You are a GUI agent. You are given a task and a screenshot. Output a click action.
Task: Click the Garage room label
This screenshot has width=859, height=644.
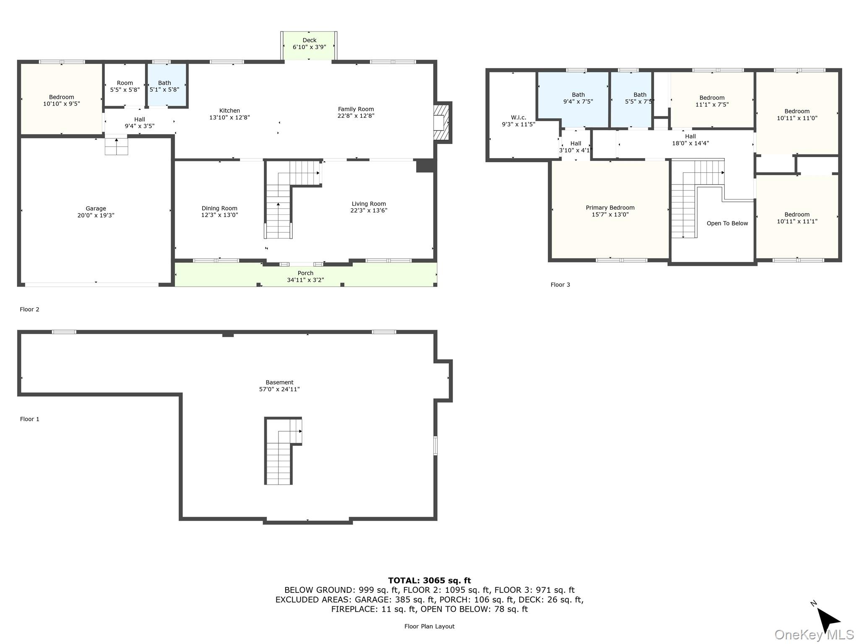click(x=96, y=208)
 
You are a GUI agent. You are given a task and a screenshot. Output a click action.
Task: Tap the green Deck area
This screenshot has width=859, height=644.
click(x=309, y=46)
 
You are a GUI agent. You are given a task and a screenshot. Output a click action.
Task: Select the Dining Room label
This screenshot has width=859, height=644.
click(x=219, y=208)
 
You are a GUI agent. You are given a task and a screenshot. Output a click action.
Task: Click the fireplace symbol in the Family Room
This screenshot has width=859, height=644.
click(x=441, y=122)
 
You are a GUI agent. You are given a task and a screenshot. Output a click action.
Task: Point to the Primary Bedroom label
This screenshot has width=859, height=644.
click(x=610, y=208)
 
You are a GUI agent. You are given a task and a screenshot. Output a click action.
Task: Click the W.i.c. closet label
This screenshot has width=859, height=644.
click(x=518, y=117)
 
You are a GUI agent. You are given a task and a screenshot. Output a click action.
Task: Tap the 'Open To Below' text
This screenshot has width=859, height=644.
click(x=727, y=223)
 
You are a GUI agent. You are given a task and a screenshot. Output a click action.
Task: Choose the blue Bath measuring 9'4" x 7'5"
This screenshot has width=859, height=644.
click(x=573, y=99)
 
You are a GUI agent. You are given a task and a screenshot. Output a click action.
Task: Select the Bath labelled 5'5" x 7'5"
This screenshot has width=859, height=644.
click(x=631, y=99)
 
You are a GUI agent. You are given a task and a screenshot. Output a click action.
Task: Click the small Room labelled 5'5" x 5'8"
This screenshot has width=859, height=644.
click(x=125, y=85)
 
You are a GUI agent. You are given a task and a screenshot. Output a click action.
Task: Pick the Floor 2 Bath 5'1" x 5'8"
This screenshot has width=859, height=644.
click(x=167, y=85)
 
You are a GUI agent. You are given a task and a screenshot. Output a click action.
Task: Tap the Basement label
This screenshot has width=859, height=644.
click(x=279, y=382)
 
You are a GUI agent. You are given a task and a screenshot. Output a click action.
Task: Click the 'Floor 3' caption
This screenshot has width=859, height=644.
click(x=560, y=285)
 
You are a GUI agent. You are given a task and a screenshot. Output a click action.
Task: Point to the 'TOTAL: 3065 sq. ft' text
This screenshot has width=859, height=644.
click(x=429, y=581)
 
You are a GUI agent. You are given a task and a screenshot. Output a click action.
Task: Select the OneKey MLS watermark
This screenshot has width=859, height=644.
click(x=814, y=635)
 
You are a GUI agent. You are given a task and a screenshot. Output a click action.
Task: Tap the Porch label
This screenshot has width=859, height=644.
click(x=305, y=273)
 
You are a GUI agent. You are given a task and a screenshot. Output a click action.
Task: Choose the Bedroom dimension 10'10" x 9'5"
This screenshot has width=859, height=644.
click(x=62, y=104)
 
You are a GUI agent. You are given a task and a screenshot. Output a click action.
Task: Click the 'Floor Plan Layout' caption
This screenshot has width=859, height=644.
click(x=429, y=626)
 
